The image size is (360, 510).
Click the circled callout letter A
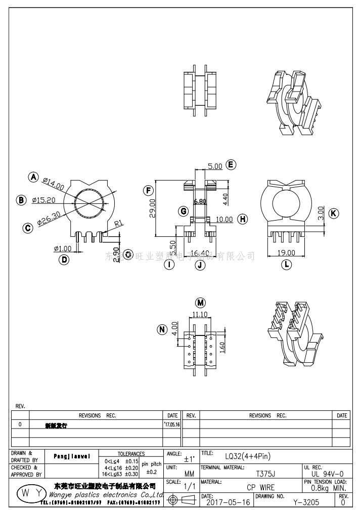pyautogui.click(x=33, y=177)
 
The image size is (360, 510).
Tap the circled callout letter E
pyautogui.click(x=231, y=165)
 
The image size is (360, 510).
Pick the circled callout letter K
pyautogui.click(x=333, y=213)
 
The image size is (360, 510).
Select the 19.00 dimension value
pyautogui.click(x=286, y=253)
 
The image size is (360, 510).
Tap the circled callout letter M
pyautogui.click(x=201, y=303)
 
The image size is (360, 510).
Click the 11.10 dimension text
pyautogui.click(x=201, y=314)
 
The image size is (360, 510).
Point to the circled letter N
pyautogui.click(x=162, y=330)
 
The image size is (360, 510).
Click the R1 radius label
pyautogui.click(x=119, y=223)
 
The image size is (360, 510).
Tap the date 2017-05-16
pyautogui.click(x=229, y=502)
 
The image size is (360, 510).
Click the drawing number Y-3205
pyautogui.click(x=306, y=502)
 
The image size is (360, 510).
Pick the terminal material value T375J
pyautogui.click(x=265, y=474)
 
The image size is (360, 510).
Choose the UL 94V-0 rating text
pyautogui.click(x=328, y=474)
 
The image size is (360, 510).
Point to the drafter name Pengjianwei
pyautogui.click(x=72, y=456)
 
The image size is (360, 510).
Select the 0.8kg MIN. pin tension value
pyautogui.click(x=328, y=488)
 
